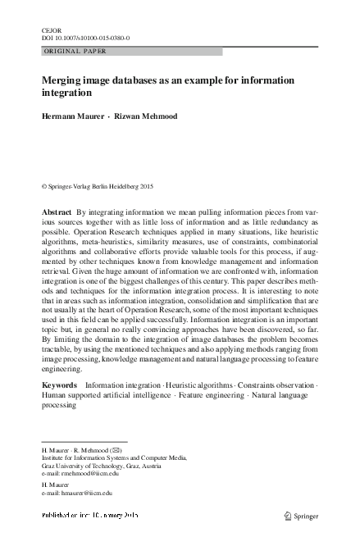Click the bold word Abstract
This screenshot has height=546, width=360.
coord(57,211)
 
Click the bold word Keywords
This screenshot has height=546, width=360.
coord(60,384)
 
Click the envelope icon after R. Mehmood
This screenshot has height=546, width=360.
coord(118,450)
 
